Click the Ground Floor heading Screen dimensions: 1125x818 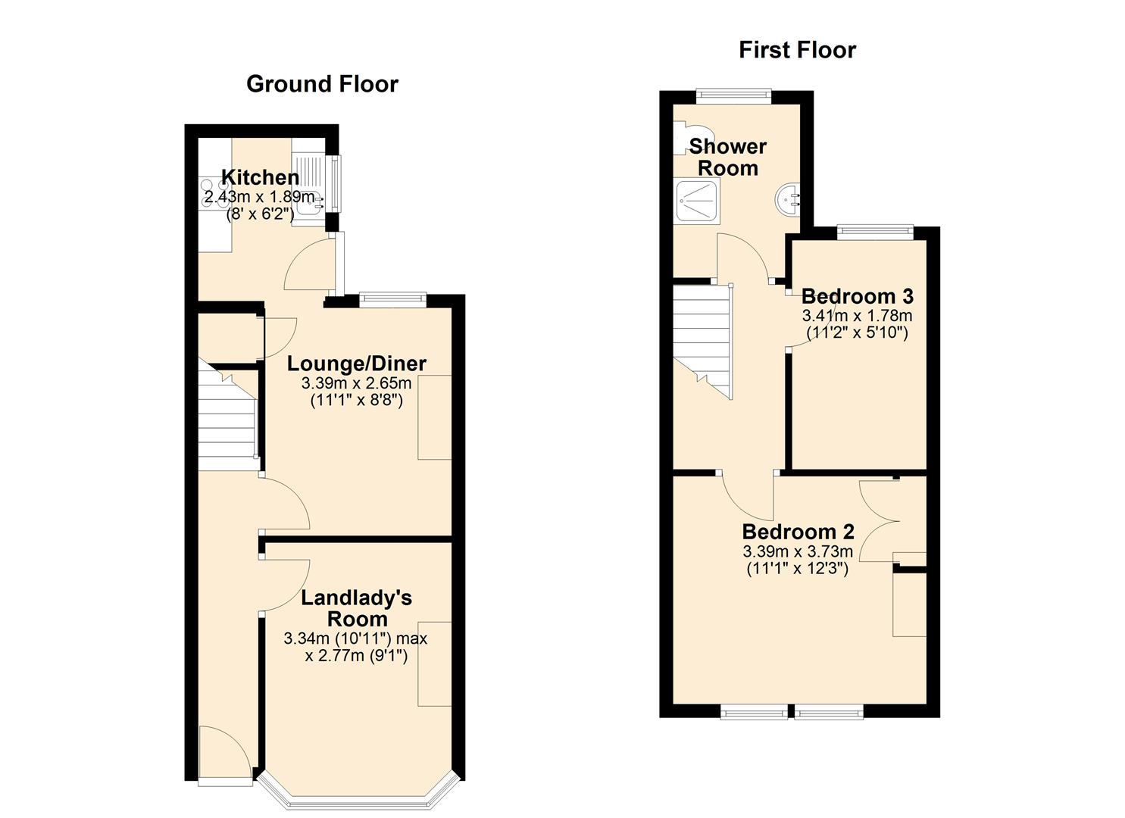(x=322, y=84)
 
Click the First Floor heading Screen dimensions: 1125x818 (x=797, y=51)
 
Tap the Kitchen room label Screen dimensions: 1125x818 (x=260, y=177)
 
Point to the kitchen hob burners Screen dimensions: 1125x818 (x=215, y=193)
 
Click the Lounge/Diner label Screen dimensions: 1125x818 (x=357, y=364)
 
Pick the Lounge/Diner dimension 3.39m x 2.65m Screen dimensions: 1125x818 (x=357, y=384)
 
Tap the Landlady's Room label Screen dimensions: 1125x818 (x=357, y=608)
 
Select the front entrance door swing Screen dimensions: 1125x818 (x=224, y=753)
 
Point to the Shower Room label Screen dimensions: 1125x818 (x=728, y=158)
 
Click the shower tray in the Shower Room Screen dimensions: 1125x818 (x=698, y=202)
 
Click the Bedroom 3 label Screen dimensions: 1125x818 (x=858, y=296)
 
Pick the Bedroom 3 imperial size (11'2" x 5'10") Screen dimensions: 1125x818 (x=858, y=333)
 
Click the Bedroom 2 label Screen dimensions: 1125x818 (x=798, y=531)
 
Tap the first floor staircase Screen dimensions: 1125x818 (x=702, y=342)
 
